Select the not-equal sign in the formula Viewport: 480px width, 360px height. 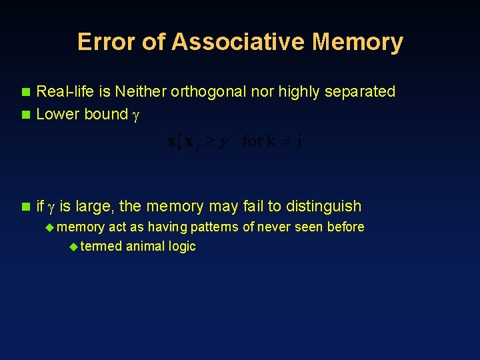(x=281, y=142)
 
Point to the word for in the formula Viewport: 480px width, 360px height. (x=253, y=141)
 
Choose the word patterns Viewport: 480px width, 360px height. (x=215, y=227)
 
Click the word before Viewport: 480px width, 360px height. (x=346, y=227)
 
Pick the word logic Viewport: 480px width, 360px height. (x=182, y=246)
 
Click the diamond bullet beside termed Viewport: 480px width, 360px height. (x=73, y=247)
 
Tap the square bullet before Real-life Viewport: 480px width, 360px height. (x=26, y=91)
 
